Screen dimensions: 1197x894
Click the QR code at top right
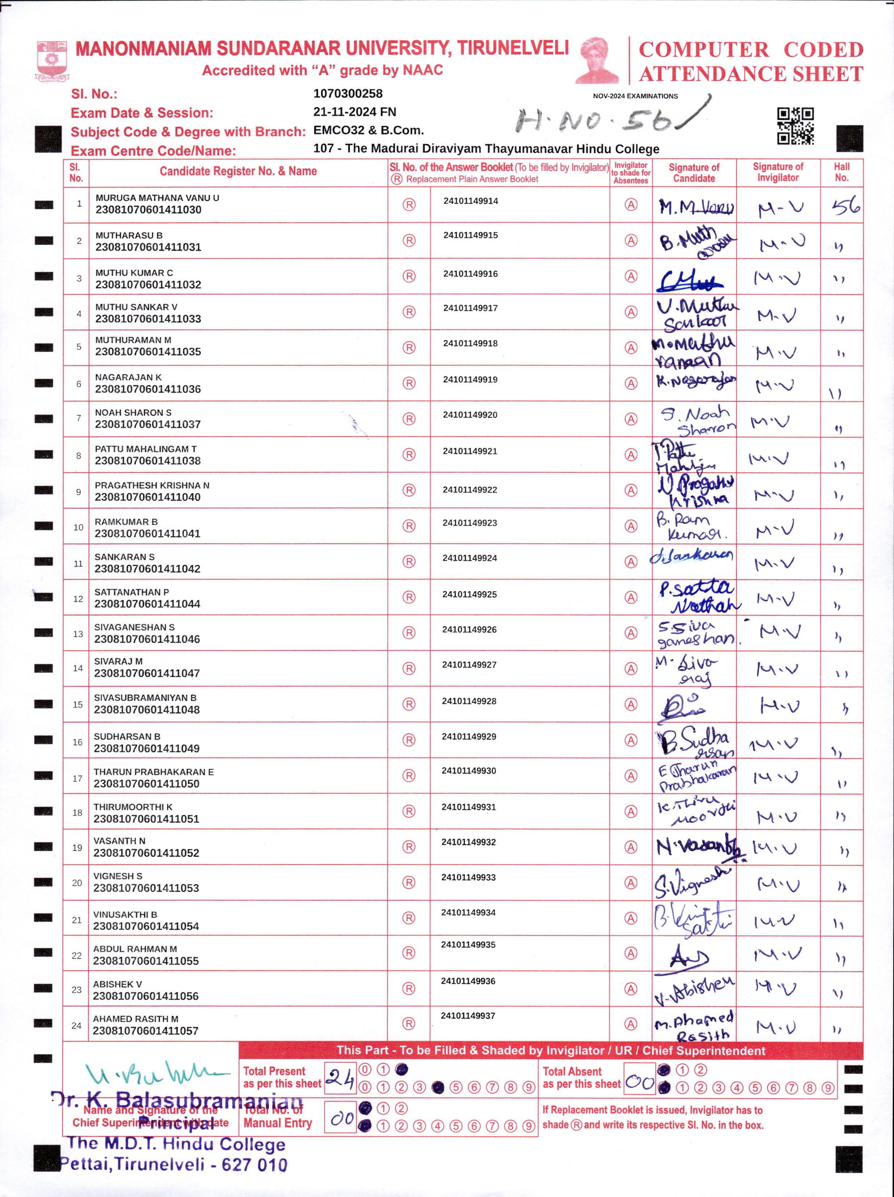pyautogui.click(x=795, y=126)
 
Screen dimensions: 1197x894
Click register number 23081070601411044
pyautogui.click(x=147, y=604)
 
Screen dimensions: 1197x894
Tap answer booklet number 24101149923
pyautogui.click(x=470, y=523)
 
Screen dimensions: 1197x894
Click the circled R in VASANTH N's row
pyautogui.click(x=409, y=847)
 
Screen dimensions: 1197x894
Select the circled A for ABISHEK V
pyautogui.click(x=631, y=989)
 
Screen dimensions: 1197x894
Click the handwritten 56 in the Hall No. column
pyautogui.click(x=845, y=206)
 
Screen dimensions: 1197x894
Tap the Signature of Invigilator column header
pyautogui.click(x=778, y=173)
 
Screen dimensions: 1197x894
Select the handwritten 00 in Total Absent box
pyautogui.click(x=640, y=1081)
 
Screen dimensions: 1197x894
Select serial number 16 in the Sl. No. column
pyautogui.click(x=78, y=742)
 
